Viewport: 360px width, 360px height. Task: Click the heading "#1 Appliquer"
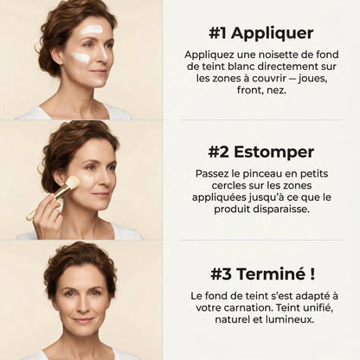pyautogui.click(x=260, y=33)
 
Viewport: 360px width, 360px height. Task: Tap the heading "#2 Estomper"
pyautogui.click(x=260, y=151)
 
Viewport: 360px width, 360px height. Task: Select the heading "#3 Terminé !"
pyautogui.click(x=260, y=273)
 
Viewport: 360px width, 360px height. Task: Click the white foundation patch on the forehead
pyautogui.click(x=92, y=29)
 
